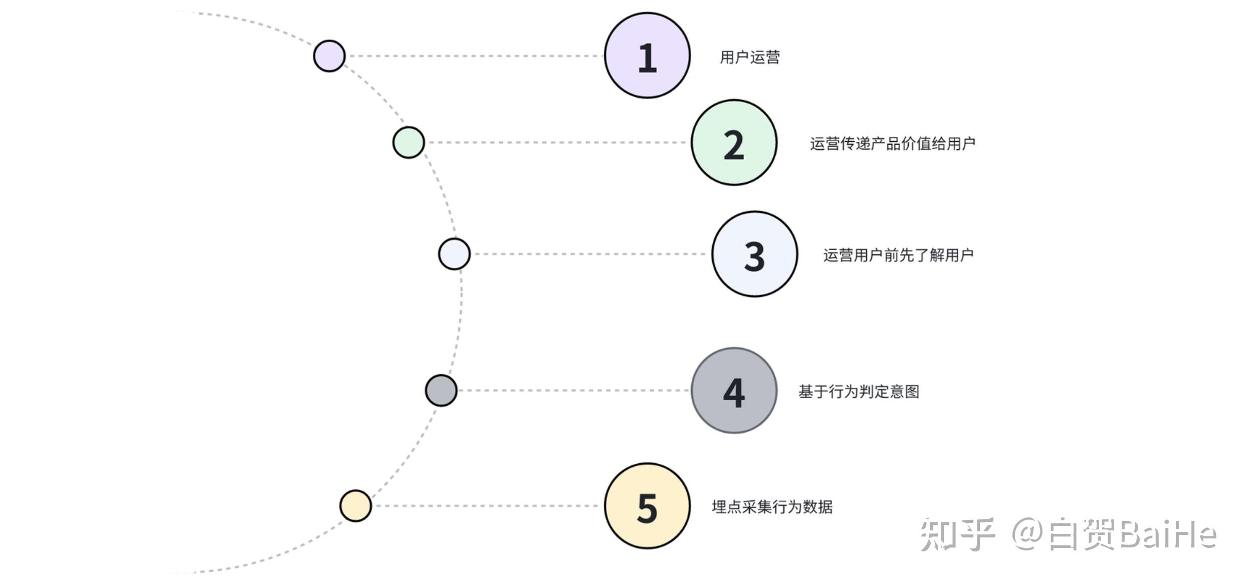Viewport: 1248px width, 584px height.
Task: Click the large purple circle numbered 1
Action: pyautogui.click(x=647, y=56)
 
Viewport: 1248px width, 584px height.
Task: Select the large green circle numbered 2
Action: pyautogui.click(x=734, y=143)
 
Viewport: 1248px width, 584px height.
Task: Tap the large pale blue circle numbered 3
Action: pyautogui.click(x=754, y=254)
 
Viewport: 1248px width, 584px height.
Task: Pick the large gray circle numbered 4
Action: pyautogui.click(x=734, y=391)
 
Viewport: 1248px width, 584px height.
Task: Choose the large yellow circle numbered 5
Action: pyautogui.click(x=647, y=506)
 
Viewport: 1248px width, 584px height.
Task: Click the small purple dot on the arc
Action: pyautogui.click(x=329, y=56)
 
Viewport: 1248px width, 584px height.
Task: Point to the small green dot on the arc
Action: pyautogui.click(x=408, y=143)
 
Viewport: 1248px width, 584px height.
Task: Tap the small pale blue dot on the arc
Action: pyautogui.click(x=454, y=254)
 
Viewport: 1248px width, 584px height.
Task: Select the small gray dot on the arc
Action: pyautogui.click(x=441, y=390)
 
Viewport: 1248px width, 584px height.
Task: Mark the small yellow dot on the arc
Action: pyautogui.click(x=355, y=506)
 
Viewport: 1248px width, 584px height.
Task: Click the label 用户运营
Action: pyautogui.click(x=750, y=57)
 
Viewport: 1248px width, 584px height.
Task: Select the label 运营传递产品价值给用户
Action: pyautogui.click(x=893, y=144)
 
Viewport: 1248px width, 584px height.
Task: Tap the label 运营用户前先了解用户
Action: pyautogui.click(x=898, y=255)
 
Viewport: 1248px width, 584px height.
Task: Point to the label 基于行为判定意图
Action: pyautogui.click(x=859, y=391)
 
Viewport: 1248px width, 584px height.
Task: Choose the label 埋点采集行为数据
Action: pyautogui.click(x=772, y=507)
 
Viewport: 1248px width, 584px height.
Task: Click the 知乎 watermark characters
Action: pyautogui.click(x=957, y=535)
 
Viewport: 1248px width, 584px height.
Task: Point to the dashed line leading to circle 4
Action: pyautogui.click(x=574, y=390)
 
